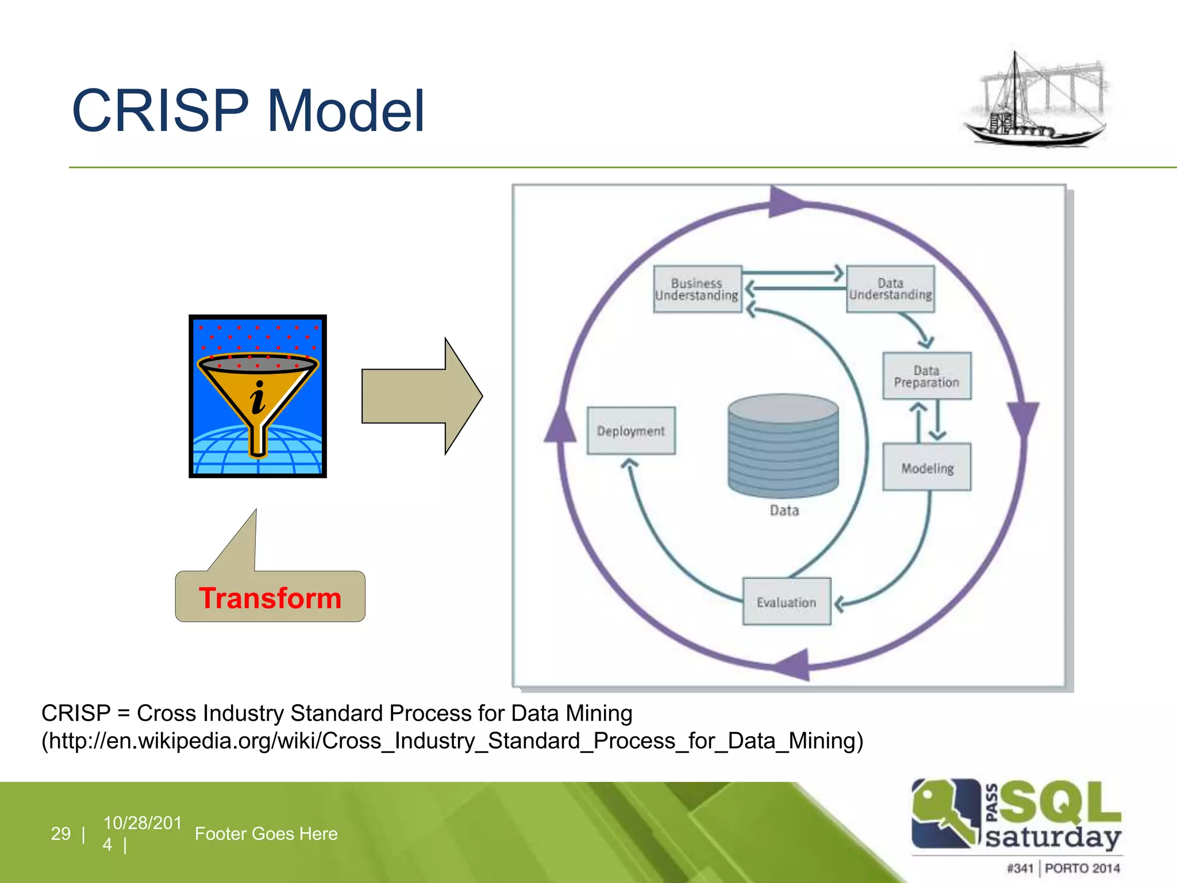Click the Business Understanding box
(697, 289)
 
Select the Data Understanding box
(890, 289)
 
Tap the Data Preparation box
(926, 376)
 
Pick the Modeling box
(926, 467)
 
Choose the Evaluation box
(786, 601)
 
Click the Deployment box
(630, 431)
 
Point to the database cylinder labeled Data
(783, 446)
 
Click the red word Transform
(270, 598)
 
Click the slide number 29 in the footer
(61, 833)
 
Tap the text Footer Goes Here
(266, 833)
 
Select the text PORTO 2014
(1082, 867)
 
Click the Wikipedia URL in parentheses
(452, 740)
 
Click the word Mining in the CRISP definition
(599, 713)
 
